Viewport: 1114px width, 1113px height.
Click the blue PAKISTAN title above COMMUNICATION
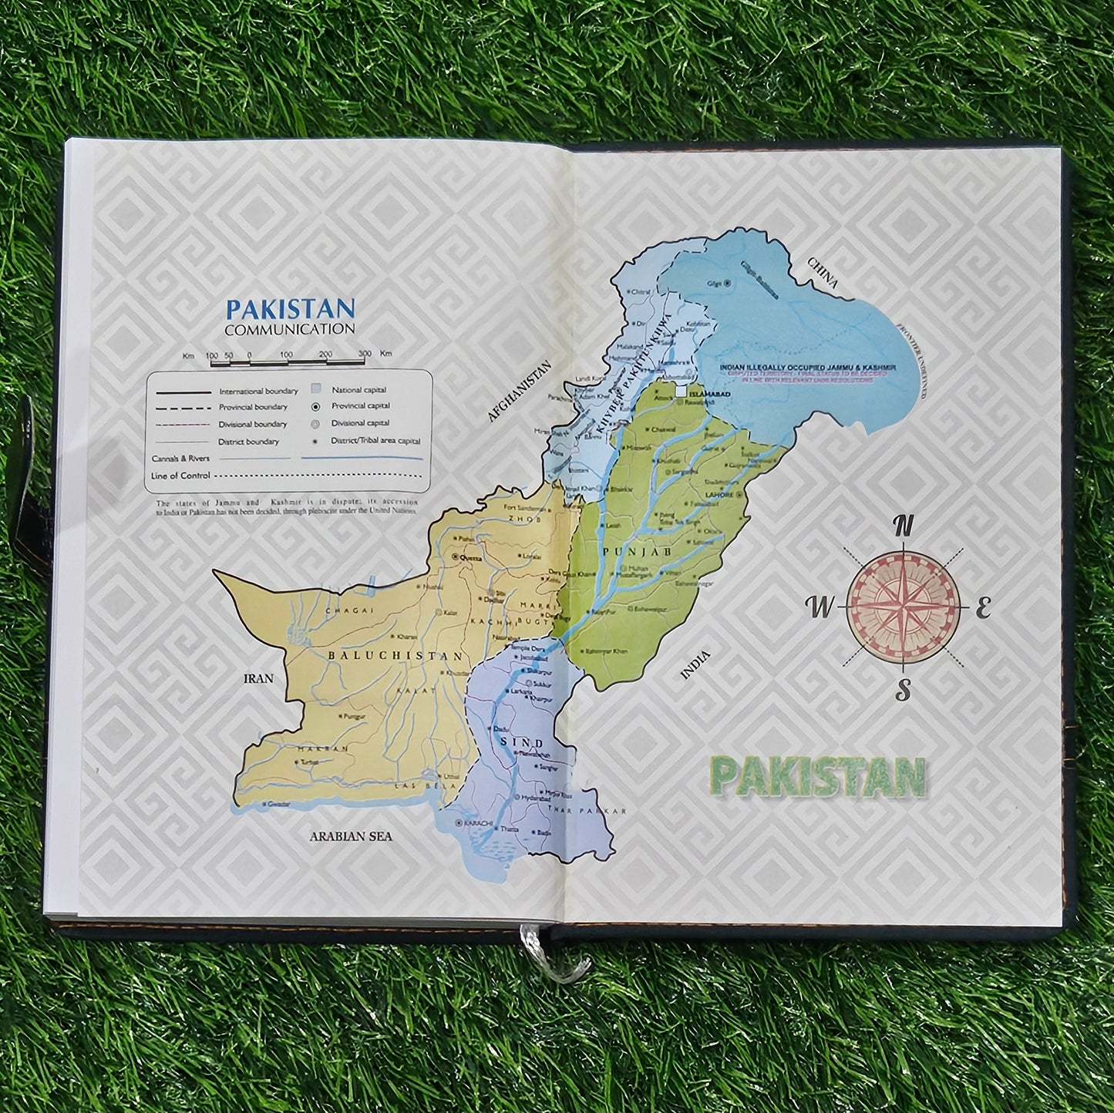click(290, 309)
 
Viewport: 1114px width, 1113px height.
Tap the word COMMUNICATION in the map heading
click(290, 329)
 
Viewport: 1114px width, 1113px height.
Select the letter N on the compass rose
click(903, 527)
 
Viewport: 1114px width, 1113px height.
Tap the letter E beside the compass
click(982, 609)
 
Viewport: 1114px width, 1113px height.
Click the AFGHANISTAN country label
click(520, 392)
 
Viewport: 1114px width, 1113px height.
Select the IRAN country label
click(258, 679)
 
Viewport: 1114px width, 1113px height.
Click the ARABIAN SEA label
click(351, 836)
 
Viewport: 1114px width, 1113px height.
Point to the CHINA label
click(823, 273)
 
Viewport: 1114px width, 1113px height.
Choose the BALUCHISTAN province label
click(396, 656)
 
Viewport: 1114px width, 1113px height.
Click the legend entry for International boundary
click(258, 392)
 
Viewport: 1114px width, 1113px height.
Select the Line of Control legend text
click(176, 476)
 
